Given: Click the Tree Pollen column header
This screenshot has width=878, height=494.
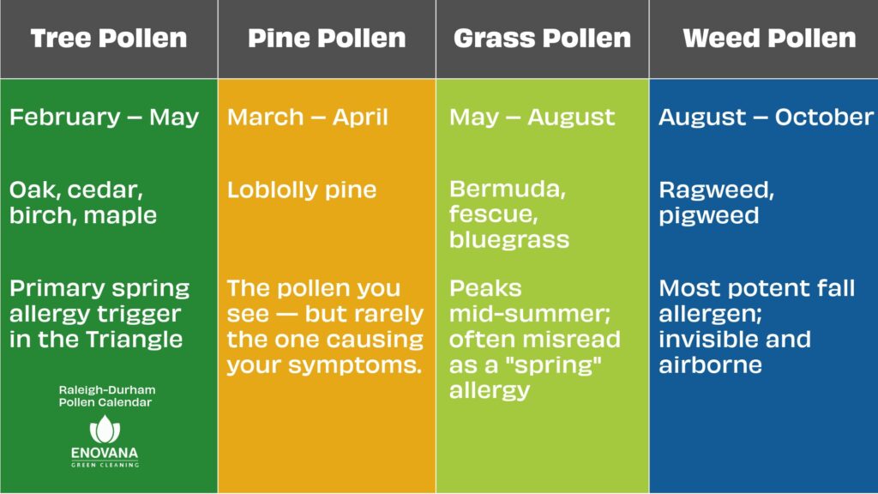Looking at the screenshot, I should tap(108, 39).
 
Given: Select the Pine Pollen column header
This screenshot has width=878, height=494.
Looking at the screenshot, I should tap(327, 39).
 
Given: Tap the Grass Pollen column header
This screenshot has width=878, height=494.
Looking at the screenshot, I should tap(542, 39).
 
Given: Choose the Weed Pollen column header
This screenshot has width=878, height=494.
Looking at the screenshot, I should tap(769, 39).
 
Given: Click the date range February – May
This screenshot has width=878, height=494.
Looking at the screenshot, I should tap(104, 117).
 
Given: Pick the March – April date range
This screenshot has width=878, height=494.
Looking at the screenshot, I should tap(308, 117).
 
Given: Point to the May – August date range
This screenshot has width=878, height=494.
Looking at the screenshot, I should tap(532, 117).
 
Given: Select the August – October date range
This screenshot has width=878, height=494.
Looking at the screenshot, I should tap(766, 117).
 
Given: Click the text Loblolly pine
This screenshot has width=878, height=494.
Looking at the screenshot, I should tap(302, 190).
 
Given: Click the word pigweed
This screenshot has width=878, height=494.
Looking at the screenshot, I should tap(709, 215).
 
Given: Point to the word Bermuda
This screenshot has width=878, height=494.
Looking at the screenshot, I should tap(508, 190).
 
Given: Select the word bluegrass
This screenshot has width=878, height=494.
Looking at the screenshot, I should tap(509, 240).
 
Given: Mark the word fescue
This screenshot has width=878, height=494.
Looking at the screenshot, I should tap(484, 214).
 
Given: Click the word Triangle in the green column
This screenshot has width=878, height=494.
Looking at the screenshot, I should tap(135, 339).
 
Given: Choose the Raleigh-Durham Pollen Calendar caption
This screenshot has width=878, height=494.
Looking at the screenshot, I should tap(107, 396).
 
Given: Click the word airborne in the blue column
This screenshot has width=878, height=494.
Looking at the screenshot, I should tap(710, 364).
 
